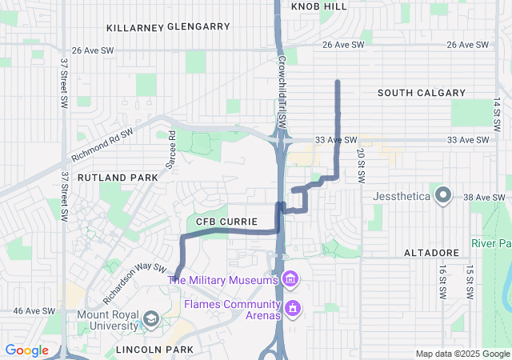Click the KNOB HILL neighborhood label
(319, 6)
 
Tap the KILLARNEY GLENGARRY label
(168, 26)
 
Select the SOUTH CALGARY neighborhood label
(421, 93)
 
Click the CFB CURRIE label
(226, 221)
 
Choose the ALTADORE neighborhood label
(430, 253)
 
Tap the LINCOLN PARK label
(154, 350)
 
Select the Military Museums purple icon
(289, 279)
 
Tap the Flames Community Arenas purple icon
(293, 307)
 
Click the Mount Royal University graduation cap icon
(150, 320)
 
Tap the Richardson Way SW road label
(134, 284)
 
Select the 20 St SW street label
(361, 163)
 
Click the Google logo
(26, 350)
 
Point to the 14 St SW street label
(496, 115)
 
